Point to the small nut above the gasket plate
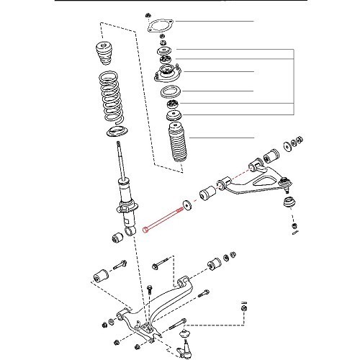click(147, 14)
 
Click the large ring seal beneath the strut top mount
click(170, 92)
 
